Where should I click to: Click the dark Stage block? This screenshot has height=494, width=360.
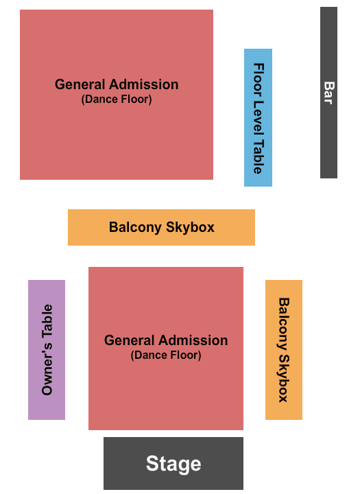point(173,463)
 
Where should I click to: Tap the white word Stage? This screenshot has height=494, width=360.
point(173,464)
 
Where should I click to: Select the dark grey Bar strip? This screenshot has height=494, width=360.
point(328,93)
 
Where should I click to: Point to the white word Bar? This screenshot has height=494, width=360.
point(329,93)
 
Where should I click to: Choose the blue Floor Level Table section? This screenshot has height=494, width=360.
point(258,117)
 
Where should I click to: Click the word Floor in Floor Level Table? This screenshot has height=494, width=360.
point(259,80)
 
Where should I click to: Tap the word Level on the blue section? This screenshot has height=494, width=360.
point(259,119)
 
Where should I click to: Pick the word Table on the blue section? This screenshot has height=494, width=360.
point(259,156)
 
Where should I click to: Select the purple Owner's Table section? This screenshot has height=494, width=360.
point(47,350)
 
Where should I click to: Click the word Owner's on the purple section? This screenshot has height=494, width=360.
point(47,370)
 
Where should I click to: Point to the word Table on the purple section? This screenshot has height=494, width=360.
point(47,324)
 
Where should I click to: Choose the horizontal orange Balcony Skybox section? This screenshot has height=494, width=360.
point(161,227)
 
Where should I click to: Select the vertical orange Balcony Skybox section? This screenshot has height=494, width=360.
point(284,350)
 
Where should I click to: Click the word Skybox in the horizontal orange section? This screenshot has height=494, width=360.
point(190,228)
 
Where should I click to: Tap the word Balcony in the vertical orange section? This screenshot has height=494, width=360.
point(284,324)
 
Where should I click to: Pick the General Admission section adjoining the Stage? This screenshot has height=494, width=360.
point(166,349)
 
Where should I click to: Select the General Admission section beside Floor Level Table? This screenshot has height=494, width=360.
point(117,95)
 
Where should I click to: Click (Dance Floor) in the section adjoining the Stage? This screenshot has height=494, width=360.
point(166,355)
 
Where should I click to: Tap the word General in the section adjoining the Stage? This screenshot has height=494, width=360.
point(129,340)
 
